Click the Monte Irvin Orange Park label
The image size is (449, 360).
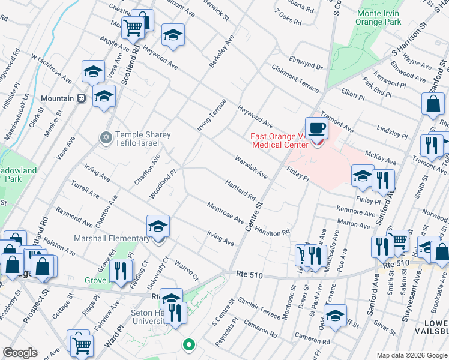tap(378, 18)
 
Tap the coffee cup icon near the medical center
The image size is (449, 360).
tap(316, 127)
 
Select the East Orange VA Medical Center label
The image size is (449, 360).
tap(280, 140)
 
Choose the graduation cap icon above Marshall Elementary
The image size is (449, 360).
tap(158, 226)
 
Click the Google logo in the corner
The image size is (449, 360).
tap(20, 353)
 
